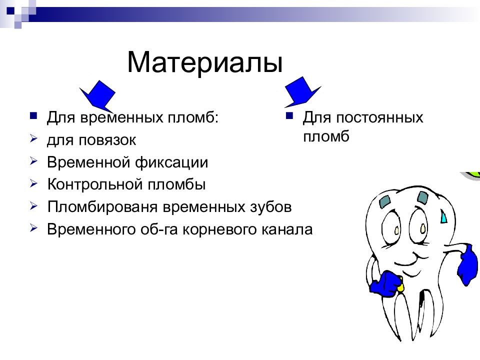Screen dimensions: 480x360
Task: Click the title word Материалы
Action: [x=204, y=62]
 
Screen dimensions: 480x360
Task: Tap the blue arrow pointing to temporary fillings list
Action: [x=98, y=96]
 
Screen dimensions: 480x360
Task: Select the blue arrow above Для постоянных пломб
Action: [x=302, y=91]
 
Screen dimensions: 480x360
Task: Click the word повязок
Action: [x=107, y=140]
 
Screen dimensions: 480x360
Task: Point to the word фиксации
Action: [x=171, y=162]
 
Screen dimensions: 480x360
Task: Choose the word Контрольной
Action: [x=95, y=184]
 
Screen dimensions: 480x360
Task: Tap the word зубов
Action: [x=270, y=207]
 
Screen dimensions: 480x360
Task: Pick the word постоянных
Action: [x=379, y=118]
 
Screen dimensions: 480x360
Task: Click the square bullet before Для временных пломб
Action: [x=33, y=115]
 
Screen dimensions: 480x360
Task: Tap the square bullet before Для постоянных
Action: [x=289, y=115]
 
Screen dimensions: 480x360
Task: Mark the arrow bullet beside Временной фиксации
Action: [x=33, y=161]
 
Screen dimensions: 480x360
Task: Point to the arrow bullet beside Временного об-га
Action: [x=33, y=228]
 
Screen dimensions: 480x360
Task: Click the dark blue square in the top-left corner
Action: [x=10, y=11]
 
